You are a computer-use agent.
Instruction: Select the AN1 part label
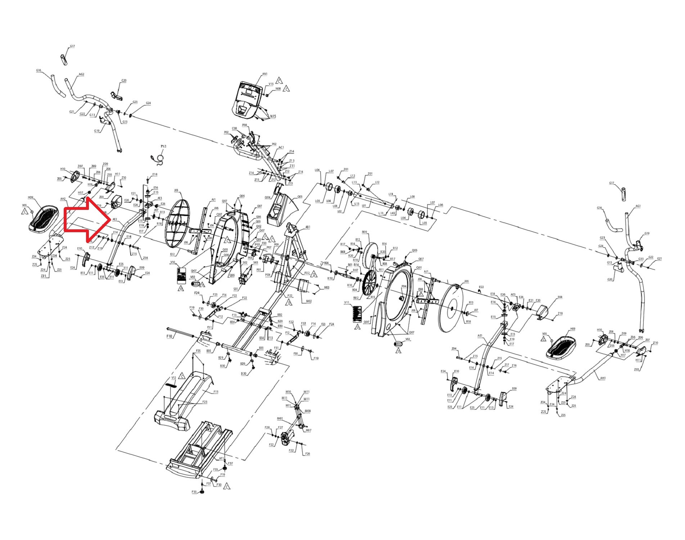tap(265, 74)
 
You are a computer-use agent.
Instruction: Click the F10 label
tap(170, 336)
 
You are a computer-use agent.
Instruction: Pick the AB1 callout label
tap(308, 227)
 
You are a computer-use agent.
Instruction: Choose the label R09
tap(364, 232)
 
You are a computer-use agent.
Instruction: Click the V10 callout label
tap(173, 262)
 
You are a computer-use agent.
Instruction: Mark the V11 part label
tap(347, 303)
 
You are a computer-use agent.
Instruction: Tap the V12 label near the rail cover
tap(173, 378)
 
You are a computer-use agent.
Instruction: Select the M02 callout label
tap(309, 301)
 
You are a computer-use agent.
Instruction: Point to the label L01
tap(364, 206)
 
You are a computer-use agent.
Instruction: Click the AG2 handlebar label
tap(81, 75)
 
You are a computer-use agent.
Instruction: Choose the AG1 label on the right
tap(638, 206)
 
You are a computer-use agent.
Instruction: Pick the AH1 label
tap(603, 378)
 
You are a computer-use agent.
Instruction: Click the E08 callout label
tap(560, 297)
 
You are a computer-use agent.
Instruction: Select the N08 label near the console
tap(278, 89)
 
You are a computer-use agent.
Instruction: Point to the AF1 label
tap(222, 459)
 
